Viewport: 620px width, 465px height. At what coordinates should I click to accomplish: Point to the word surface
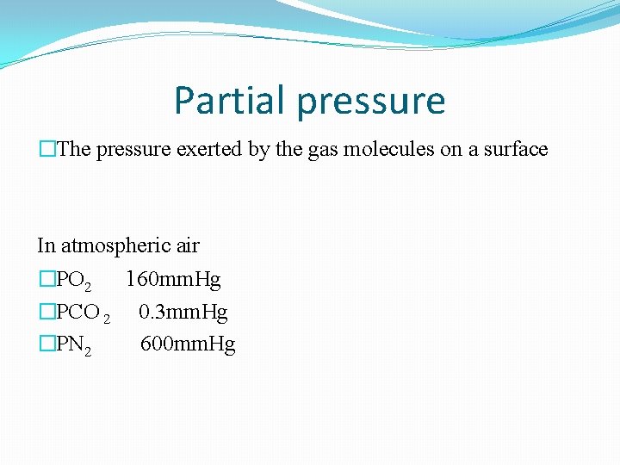point(514,150)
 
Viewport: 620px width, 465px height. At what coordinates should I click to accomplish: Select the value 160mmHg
point(173,280)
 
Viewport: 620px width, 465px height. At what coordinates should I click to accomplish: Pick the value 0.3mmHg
point(183,313)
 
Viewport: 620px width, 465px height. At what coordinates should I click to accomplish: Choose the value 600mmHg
point(188,345)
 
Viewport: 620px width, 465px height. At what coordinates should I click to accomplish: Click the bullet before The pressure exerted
point(46,150)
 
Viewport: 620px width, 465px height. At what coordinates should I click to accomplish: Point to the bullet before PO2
point(46,280)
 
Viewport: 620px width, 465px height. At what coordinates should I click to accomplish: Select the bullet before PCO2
point(46,313)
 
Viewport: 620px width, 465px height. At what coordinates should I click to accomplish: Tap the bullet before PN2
point(46,345)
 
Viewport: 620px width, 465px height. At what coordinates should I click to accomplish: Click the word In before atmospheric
point(46,246)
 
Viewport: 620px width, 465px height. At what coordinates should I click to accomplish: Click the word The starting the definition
point(74,150)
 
